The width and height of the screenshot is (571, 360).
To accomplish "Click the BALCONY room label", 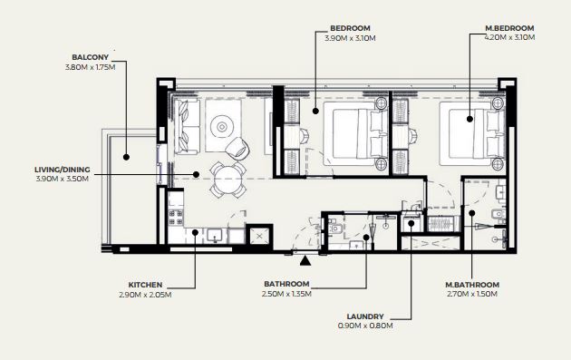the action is [91, 57].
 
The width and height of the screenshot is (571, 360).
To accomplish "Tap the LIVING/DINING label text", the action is [63, 170].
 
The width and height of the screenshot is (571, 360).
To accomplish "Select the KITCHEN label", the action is [145, 285].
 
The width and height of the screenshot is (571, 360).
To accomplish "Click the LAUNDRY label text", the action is [365, 316].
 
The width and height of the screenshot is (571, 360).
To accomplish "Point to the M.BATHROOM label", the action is [472, 285].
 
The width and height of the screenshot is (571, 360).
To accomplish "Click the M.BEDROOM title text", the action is [509, 28].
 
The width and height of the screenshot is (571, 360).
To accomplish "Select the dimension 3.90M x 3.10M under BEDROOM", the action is [350, 37].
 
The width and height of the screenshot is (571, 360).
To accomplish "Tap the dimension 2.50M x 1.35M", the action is [286, 294].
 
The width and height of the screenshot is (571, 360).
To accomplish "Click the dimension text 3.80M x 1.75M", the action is [91, 67].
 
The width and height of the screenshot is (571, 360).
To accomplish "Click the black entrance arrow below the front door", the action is [305, 261].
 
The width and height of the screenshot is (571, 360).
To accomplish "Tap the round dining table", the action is [227, 180].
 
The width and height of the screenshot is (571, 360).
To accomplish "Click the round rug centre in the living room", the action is [222, 127].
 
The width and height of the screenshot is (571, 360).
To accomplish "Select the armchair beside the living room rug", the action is [237, 149].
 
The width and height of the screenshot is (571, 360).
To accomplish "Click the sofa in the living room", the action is [187, 126].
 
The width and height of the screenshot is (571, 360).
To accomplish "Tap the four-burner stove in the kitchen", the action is [176, 217].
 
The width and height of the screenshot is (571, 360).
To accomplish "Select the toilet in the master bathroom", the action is [497, 215].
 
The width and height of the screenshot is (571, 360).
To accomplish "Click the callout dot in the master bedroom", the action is [469, 119].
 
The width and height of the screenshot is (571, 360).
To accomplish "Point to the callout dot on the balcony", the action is [126, 157].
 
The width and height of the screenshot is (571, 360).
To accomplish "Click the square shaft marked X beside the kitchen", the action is [259, 237].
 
